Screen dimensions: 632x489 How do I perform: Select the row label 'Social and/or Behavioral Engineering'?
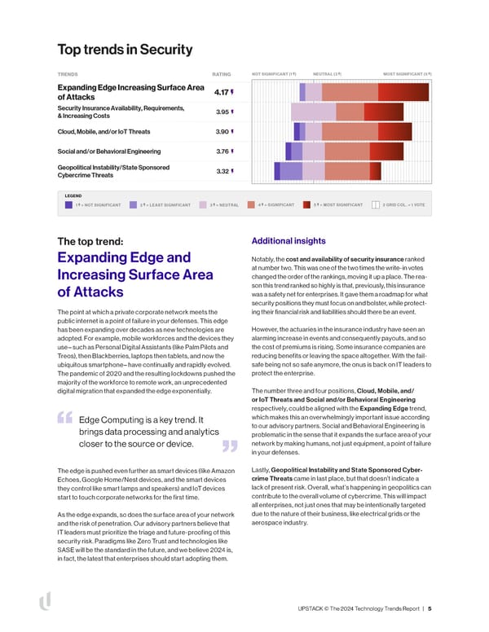point(109,151)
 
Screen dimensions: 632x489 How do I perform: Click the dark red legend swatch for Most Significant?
point(306,205)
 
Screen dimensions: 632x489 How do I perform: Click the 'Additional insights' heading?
point(289,241)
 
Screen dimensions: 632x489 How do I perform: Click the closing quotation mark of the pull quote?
point(229,445)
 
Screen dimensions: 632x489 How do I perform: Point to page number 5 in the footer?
point(430,608)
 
